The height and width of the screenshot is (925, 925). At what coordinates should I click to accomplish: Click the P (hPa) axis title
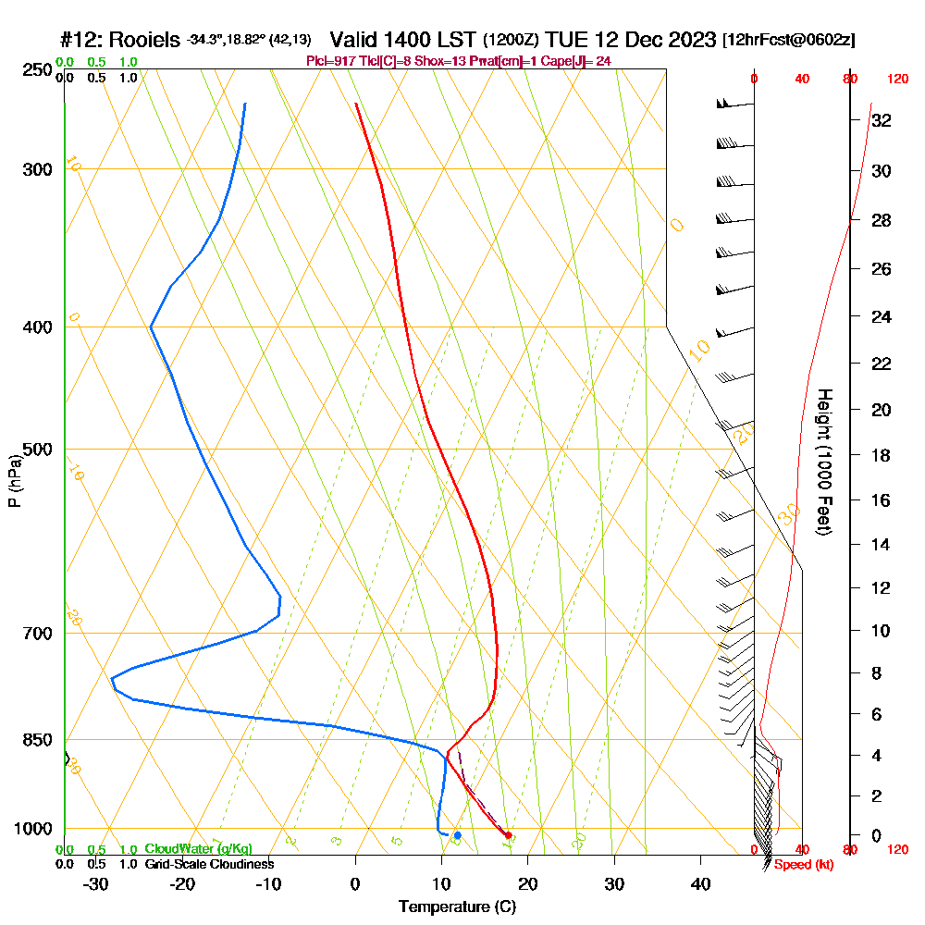click(14, 481)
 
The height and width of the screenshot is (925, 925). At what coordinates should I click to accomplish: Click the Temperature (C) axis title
click(458, 907)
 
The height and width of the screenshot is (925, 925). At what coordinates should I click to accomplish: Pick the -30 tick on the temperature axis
click(96, 883)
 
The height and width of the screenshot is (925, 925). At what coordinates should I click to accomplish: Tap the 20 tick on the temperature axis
click(528, 883)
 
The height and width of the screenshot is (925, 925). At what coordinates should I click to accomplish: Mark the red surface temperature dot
click(508, 835)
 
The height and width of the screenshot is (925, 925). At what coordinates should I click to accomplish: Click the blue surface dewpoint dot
click(457, 835)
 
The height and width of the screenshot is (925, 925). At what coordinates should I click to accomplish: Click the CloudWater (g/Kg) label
click(198, 849)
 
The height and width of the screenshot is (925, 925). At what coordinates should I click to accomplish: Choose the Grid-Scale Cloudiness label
click(209, 864)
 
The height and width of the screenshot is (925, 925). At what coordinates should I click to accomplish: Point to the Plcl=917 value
click(335, 61)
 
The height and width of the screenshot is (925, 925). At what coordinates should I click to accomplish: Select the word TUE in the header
click(563, 40)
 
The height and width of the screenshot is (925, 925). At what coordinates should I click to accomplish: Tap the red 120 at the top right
click(896, 80)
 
